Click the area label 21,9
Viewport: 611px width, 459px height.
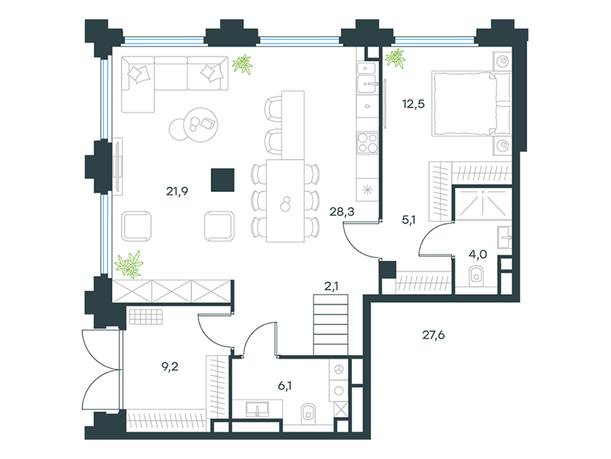[177, 191]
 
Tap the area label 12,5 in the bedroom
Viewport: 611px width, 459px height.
[413, 104]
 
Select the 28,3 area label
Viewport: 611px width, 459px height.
[341, 212]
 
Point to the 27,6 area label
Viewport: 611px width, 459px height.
[434, 335]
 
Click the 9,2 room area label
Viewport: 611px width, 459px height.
[170, 366]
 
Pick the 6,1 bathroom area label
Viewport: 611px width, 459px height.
[285, 386]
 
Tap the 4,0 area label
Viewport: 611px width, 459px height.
[478, 255]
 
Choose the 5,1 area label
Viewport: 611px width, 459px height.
[409, 220]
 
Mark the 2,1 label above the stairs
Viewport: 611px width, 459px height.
[331, 286]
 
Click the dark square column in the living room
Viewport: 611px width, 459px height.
[222, 180]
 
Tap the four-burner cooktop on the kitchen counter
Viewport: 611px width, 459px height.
[367, 142]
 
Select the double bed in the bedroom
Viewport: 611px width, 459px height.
[471, 103]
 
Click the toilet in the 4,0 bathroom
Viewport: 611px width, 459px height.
[476, 275]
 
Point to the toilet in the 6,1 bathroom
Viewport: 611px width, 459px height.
[308, 413]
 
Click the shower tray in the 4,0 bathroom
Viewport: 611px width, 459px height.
[483, 203]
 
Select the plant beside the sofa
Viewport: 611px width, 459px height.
[242, 64]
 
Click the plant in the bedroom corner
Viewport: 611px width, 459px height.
[395, 59]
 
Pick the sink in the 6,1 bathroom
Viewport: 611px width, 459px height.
[257, 409]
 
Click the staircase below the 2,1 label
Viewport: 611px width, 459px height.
[331, 324]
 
